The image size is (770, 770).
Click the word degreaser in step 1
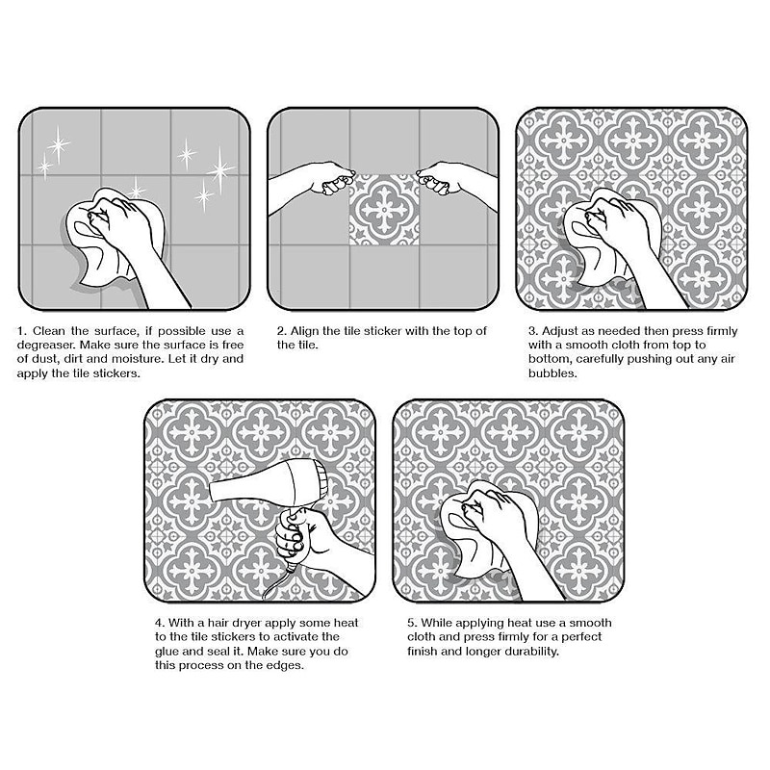[x=43, y=346]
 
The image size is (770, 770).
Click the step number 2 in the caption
[x=281, y=331]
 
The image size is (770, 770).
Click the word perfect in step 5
[x=581, y=637]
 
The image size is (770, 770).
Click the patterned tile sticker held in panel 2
[x=384, y=210]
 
